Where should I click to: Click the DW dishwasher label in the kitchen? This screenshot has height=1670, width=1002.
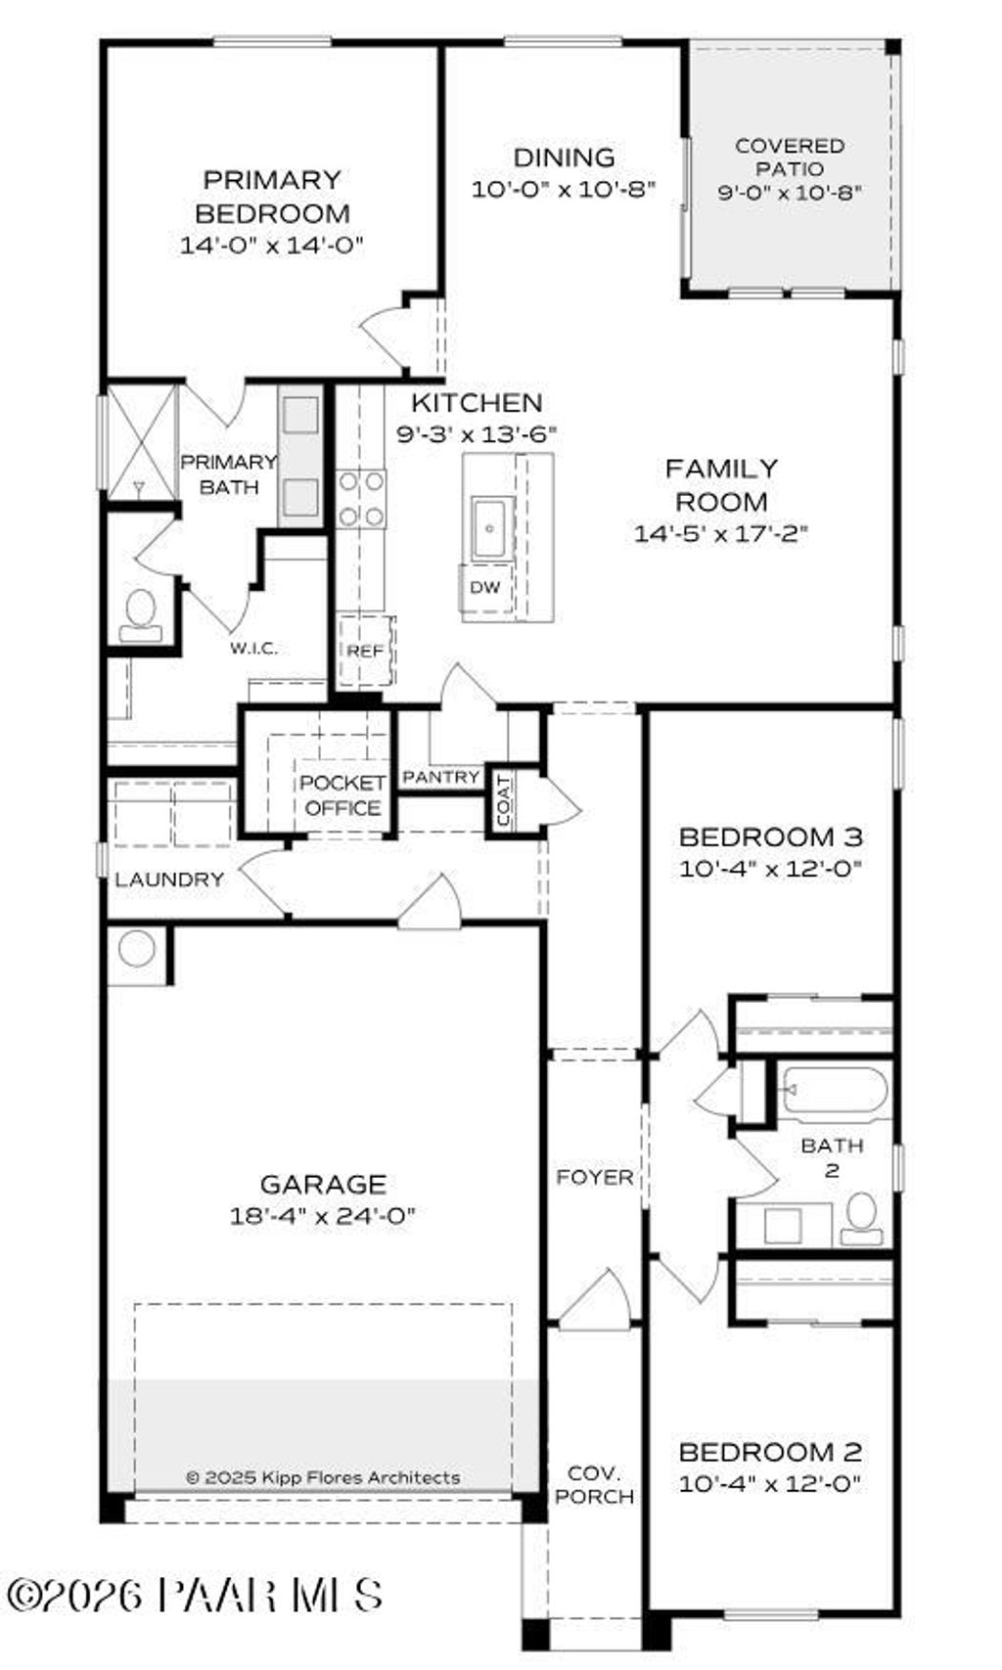click(485, 587)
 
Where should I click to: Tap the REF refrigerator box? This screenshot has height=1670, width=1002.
click(366, 651)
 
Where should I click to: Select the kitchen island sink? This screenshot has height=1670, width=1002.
click(489, 528)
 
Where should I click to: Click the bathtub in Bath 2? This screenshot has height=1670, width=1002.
click(835, 1091)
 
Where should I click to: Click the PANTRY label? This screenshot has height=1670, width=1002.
click(441, 777)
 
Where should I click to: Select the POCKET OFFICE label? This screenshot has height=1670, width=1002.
click(342, 795)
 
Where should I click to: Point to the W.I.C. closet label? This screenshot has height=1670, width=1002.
click(254, 648)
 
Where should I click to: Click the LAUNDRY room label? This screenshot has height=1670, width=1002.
click(169, 880)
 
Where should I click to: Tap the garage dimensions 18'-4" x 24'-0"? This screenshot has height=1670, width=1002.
click(323, 1216)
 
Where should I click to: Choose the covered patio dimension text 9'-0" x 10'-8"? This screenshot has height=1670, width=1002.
click(790, 193)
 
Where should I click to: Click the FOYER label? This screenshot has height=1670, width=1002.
click(594, 1177)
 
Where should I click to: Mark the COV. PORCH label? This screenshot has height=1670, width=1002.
click(594, 1484)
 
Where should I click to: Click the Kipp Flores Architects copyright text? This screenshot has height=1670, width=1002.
click(323, 1477)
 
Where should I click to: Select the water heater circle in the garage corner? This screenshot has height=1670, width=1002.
click(137, 948)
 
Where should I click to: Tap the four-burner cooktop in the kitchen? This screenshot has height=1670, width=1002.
click(360, 499)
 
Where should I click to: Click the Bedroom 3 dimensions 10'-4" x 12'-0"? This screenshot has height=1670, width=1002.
click(771, 869)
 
